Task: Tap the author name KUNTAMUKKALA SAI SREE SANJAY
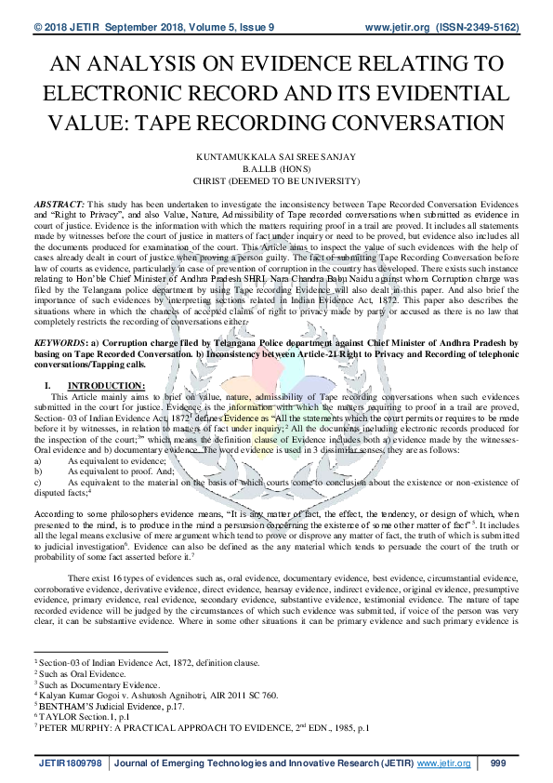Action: pos(275,161)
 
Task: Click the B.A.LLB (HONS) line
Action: pos(276,171)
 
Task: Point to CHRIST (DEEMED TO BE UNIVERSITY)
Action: pos(276,182)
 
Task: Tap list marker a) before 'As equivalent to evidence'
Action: pos(38,461)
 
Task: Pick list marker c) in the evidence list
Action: pos(38,482)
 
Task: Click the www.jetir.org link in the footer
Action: pos(444,763)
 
